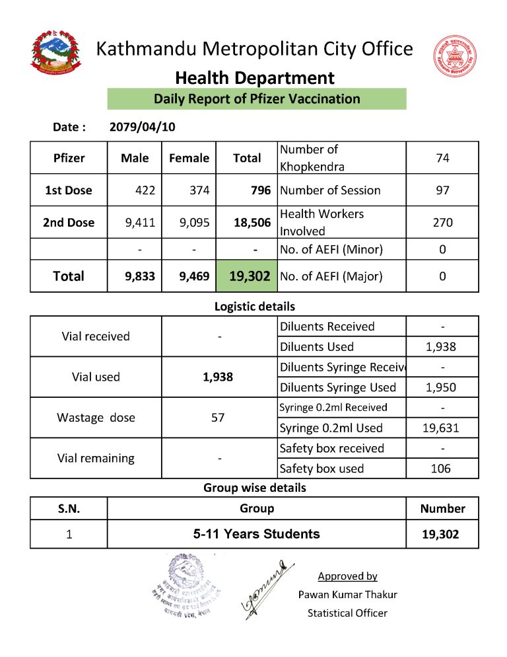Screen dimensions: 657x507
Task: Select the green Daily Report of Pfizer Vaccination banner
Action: point(257,99)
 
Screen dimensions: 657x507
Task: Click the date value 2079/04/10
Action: point(142,127)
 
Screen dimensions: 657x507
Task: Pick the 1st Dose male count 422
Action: point(145,190)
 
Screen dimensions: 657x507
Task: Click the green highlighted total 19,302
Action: point(249,276)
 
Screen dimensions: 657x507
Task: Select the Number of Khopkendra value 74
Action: point(442,158)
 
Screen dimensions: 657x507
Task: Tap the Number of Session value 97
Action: point(442,190)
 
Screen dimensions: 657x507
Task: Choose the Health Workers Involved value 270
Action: point(442,223)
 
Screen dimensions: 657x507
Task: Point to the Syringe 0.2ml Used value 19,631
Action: point(440,428)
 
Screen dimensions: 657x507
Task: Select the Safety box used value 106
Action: point(440,469)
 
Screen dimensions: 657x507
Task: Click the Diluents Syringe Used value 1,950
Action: point(440,387)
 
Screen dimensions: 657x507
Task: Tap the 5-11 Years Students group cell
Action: point(256,534)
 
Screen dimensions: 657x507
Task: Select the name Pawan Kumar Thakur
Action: point(347,594)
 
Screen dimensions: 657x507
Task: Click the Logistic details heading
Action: point(254,307)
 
